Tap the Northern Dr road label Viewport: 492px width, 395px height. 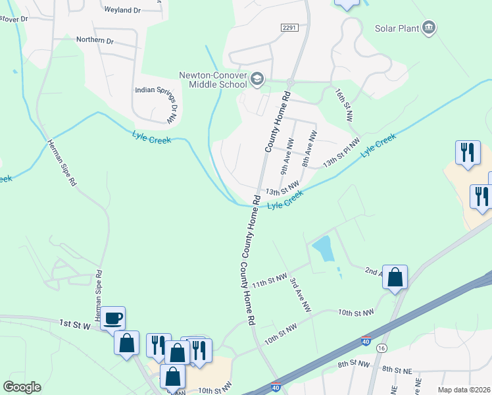95,40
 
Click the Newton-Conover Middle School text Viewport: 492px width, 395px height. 212,79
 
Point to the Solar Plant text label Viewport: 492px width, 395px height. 397,28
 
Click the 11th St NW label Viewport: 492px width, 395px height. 270,282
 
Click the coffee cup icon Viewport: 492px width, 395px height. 112,318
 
